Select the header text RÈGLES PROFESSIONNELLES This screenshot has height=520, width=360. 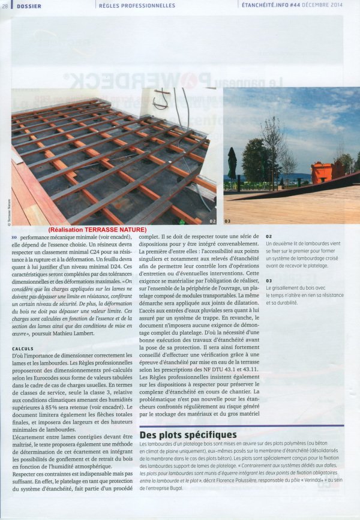[x=137, y=5]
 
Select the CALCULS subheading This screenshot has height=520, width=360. [x=22, y=348]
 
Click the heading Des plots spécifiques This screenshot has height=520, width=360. [x=187, y=434]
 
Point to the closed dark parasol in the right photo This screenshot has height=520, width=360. [x=232, y=163]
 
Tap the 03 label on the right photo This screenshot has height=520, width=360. [x=227, y=221]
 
